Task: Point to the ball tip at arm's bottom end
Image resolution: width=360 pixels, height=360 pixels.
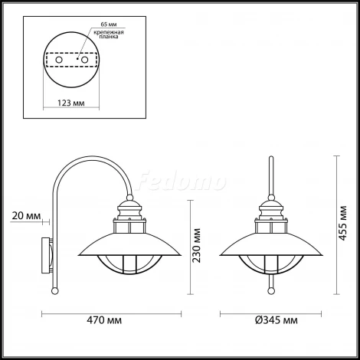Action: pyautogui.click(x=55, y=291)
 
